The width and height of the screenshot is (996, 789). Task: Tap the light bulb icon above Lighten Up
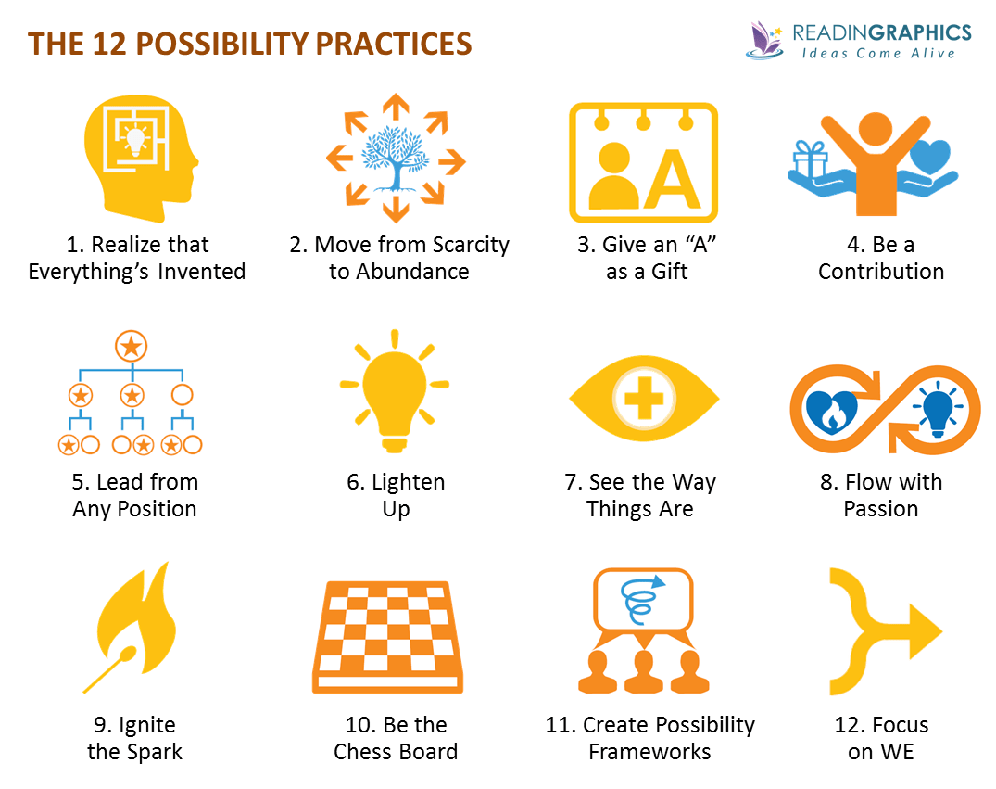click(395, 389)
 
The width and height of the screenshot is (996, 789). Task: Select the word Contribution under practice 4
click(881, 272)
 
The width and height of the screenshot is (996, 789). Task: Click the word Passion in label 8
click(880, 509)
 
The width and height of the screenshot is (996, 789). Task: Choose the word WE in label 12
click(898, 752)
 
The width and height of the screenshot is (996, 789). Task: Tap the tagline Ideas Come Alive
click(877, 54)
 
